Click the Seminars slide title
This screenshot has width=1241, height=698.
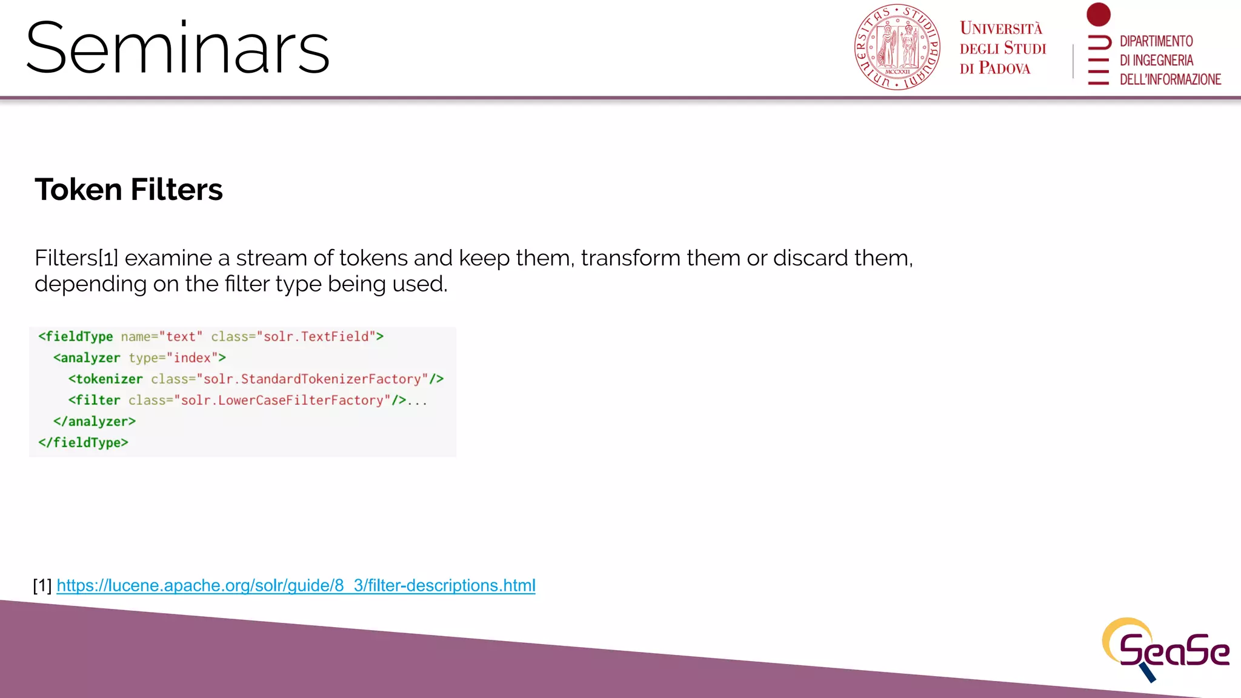[x=178, y=48]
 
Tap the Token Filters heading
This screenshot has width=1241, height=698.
[x=128, y=190]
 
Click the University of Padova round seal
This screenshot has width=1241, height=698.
[x=897, y=47]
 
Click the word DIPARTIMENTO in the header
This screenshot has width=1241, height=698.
[x=1156, y=41]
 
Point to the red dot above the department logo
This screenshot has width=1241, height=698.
[x=1098, y=15]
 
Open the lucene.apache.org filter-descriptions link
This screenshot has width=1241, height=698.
[x=296, y=585]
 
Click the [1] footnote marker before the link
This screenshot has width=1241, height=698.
[x=42, y=585]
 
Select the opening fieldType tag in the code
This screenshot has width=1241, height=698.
[x=76, y=337]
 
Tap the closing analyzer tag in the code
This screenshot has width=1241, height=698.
[x=95, y=422]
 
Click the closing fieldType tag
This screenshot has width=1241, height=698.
[x=83, y=443]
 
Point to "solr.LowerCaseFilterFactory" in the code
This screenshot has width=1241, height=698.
[x=282, y=401]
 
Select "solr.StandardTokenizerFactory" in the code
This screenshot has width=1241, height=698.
[x=312, y=379]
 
